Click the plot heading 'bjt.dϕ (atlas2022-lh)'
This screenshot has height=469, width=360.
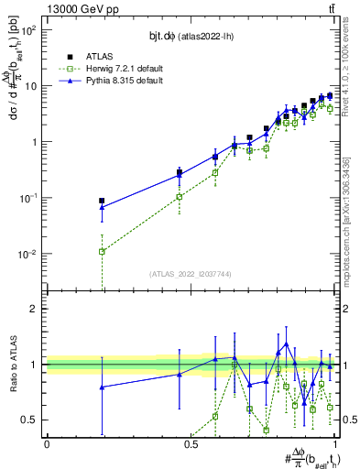(191, 36)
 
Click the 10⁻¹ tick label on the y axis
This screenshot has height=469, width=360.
(27, 198)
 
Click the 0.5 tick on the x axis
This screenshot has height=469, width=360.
(191, 443)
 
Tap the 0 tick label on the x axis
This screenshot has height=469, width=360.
(47, 443)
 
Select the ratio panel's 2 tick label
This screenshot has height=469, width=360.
(36, 309)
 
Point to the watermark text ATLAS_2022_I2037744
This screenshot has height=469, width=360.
(191, 274)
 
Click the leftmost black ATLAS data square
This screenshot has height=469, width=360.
(102, 201)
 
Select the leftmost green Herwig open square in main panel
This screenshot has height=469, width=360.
(102, 251)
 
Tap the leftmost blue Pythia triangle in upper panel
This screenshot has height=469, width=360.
(102, 207)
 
